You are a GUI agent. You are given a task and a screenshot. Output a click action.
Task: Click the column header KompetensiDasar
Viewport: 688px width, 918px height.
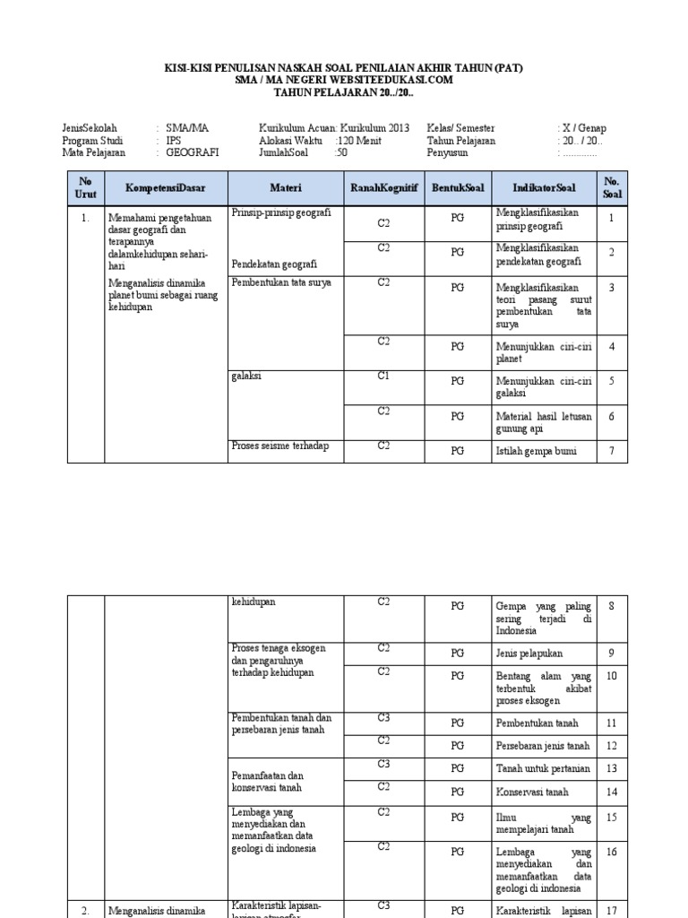pos(166,188)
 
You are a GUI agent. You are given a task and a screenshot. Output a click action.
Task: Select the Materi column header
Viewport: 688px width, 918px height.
pos(287,188)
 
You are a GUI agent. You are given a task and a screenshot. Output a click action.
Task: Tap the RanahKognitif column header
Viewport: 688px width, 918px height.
pos(383,188)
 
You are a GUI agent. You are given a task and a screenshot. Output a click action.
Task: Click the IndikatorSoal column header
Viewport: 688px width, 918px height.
pos(544,188)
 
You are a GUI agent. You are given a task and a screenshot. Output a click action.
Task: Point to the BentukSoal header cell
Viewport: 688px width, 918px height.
pos(457,188)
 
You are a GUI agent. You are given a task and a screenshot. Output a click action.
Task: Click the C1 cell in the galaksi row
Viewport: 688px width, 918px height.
pos(383,377)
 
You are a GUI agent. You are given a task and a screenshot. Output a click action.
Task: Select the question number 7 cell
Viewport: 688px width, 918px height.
pos(612,451)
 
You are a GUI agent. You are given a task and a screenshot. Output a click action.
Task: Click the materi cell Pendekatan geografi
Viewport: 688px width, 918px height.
pos(273,264)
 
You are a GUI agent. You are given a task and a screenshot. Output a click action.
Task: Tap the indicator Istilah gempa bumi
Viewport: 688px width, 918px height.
pos(536,451)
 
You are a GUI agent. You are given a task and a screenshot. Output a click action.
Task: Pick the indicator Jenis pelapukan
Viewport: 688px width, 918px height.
pos(529,654)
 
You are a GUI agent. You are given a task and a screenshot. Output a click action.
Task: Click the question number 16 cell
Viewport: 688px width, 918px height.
pos(612,852)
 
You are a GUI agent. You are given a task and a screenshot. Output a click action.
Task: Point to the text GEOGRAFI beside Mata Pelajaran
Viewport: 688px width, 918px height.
pos(192,152)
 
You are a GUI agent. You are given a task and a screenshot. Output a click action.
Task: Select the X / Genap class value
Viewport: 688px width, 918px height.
pos(582,129)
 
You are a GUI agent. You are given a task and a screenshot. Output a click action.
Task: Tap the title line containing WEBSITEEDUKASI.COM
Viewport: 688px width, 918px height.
pos(344,80)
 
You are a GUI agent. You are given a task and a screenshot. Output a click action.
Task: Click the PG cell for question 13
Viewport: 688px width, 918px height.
pos(457,768)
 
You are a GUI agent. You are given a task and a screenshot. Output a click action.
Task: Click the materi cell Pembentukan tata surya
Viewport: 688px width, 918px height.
pos(281,283)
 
